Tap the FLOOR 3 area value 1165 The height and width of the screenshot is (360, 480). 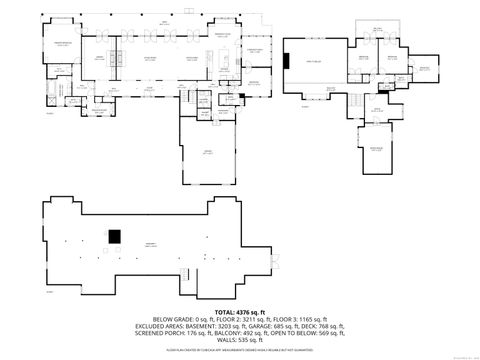303,318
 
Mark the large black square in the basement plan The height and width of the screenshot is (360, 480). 114,236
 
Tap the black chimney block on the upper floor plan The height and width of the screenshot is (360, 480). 287,61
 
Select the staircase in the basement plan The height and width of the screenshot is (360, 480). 186,273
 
